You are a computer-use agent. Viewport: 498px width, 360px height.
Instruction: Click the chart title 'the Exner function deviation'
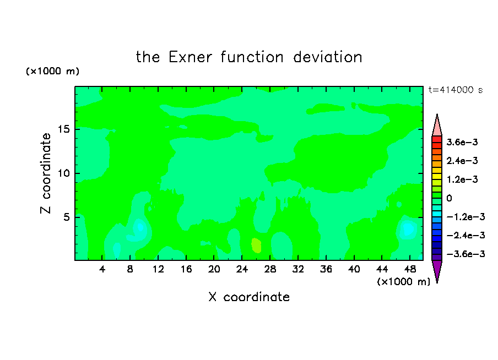(249, 57)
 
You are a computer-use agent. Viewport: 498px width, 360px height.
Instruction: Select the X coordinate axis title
(249, 297)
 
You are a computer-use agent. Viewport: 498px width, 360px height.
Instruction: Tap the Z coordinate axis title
(46, 173)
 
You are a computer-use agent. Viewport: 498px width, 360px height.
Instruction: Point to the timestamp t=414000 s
(456, 90)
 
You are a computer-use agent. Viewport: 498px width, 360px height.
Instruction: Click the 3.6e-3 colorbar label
(462, 142)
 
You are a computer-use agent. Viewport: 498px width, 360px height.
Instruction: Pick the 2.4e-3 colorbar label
(462, 161)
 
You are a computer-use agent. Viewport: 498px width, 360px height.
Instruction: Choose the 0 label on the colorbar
(449, 198)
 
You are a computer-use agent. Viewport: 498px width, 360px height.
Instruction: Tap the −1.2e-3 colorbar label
(465, 217)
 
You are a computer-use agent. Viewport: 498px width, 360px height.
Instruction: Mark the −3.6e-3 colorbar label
(465, 254)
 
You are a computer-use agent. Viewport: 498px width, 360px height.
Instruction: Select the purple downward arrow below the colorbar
(437, 270)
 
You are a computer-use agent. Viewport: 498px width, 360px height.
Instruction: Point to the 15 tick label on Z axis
(64, 129)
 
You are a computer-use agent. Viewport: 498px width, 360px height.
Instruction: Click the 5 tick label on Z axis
(66, 217)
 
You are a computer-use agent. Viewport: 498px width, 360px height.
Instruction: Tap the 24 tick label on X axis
(242, 269)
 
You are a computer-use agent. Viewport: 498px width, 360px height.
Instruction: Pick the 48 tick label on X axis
(410, 269)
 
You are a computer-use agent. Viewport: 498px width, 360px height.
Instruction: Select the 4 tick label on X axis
(102, 269)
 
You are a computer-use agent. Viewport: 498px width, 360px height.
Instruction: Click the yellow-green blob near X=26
(256, 246)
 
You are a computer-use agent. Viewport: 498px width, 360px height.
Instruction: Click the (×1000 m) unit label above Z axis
(52, 71)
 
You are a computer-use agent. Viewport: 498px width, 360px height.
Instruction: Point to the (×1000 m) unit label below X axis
(403, 282)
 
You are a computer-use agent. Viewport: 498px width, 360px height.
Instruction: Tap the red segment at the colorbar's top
(437, 139)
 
